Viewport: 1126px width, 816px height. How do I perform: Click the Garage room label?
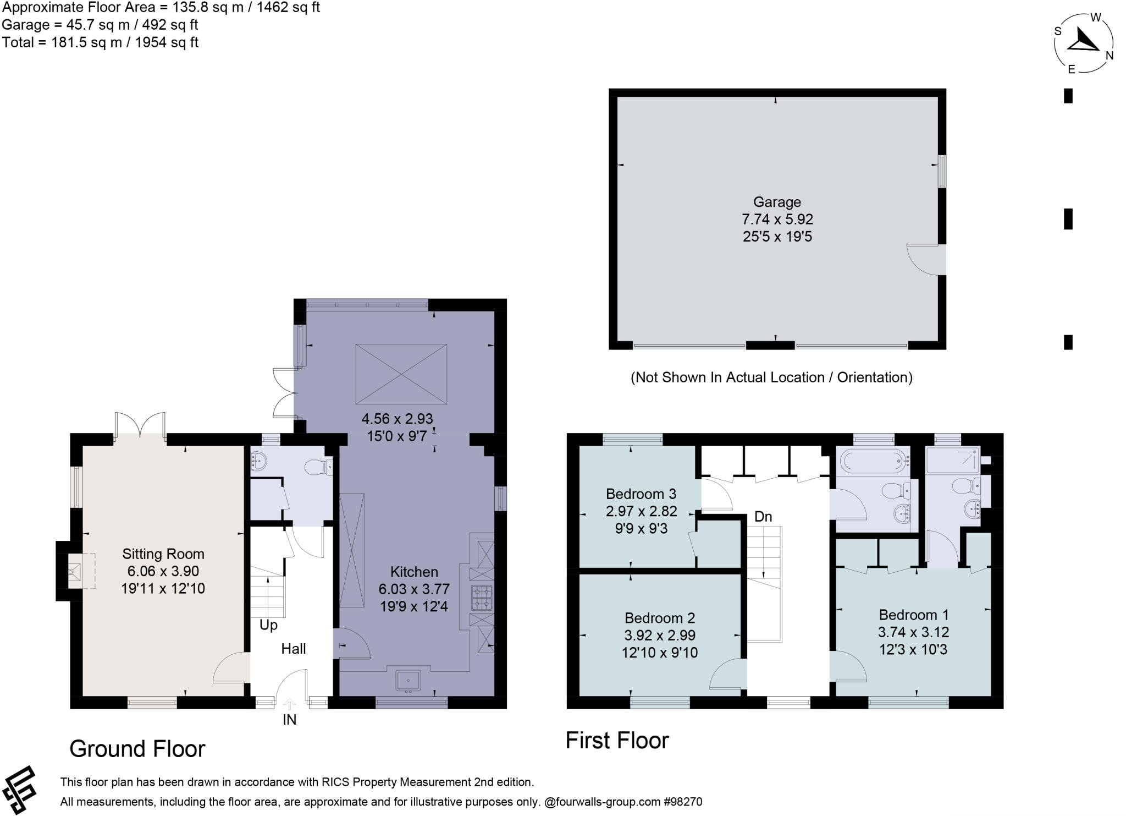776,202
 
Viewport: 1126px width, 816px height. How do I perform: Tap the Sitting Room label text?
163,554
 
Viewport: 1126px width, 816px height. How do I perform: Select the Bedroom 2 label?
659,617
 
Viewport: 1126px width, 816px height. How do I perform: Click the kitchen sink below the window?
408,680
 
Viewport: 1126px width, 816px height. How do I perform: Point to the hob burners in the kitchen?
481,598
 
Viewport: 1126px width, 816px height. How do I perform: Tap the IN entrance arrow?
290,704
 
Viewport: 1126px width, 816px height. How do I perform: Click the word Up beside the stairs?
268,625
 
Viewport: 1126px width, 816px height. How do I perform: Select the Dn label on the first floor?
763,517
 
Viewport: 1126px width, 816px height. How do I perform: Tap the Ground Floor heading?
137,749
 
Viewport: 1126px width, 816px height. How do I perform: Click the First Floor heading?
617,741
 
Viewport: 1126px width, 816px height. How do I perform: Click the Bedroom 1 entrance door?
848,667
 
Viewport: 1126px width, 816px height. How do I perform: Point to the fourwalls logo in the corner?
19,790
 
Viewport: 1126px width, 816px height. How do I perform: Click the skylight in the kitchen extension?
401,374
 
